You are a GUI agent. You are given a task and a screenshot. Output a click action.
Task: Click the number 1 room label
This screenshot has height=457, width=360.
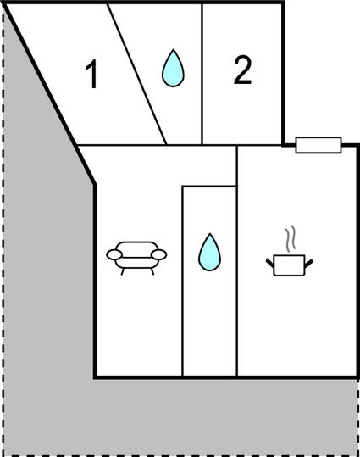click(x=92, y=74)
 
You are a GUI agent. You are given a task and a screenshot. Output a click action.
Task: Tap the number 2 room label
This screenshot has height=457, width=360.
click(x=242, y=70)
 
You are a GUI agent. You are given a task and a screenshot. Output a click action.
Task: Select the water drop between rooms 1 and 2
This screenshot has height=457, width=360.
click(x=173, y=69)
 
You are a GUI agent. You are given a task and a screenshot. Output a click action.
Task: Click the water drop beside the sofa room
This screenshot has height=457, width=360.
click(x=209, y=253)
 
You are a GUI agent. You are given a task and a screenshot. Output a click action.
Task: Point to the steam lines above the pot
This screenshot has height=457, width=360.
click(x=290, y=238)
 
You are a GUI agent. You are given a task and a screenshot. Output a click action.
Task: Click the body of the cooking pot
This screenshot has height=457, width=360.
click(x=289, y=265)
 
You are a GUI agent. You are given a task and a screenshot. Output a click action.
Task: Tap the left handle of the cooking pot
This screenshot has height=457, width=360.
click(x=270, y=263)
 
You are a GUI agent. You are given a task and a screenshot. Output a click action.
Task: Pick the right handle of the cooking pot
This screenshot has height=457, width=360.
click(x=308, y=263)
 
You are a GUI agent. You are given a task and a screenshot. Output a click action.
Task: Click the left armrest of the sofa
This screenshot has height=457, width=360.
click(x=114, y=254)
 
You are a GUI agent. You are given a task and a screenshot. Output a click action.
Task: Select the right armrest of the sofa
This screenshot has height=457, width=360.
click(x=158, y=254)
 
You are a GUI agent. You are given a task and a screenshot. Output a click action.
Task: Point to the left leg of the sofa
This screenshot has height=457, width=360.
click(x=123, y=271)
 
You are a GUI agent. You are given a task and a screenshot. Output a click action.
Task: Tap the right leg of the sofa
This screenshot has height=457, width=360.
click(x=152, y=271)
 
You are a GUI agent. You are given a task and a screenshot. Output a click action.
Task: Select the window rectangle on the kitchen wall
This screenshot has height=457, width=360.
click(x=318, y=145)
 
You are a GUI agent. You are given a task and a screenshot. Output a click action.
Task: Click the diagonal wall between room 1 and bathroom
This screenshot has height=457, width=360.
click(x=136, y=74)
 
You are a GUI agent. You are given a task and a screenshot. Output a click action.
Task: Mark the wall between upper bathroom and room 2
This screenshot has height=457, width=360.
click(x=202, y=74)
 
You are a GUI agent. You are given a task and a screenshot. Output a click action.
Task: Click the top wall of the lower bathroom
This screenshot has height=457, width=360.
click(x=209, y=186)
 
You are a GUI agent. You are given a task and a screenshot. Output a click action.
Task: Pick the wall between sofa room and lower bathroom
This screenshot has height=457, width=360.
click(x=182, y=281)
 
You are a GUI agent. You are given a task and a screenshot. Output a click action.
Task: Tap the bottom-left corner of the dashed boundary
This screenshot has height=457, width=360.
click(x=3, y=455)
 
